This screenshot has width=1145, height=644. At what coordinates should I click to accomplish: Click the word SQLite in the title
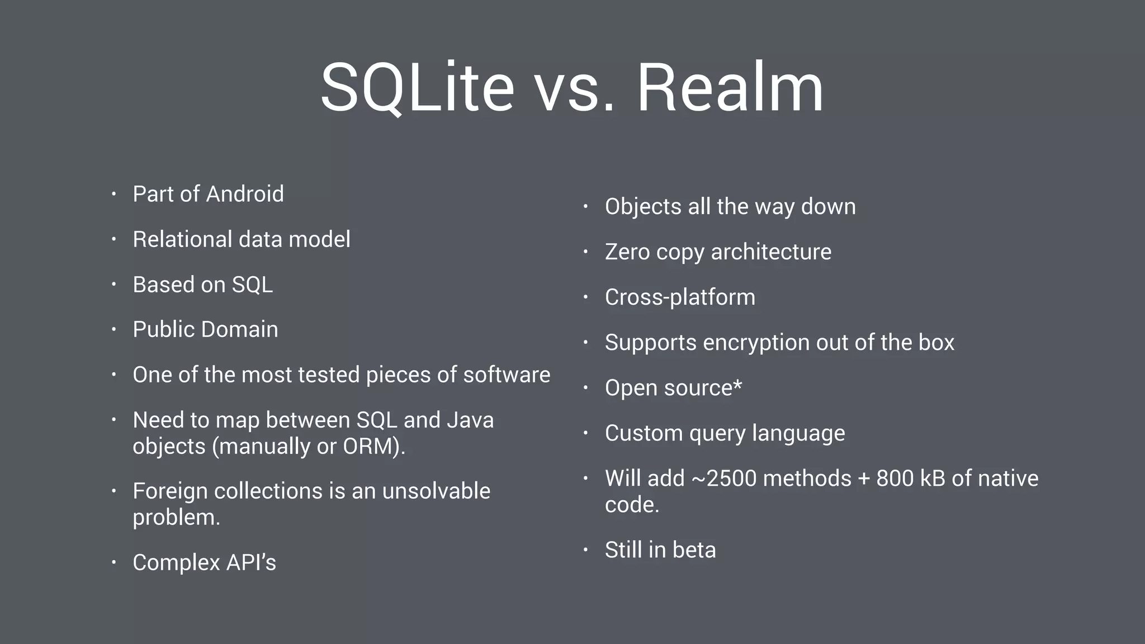pos(417,88)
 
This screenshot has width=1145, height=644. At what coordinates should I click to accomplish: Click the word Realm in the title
pos(730,88)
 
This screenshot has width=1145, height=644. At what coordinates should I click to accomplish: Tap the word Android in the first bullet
pos(245,194)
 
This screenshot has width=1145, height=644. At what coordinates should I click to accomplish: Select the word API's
pos(251,562)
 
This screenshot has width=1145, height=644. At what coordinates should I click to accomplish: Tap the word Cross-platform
pos(680,297)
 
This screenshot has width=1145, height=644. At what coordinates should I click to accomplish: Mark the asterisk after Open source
pos(737,385)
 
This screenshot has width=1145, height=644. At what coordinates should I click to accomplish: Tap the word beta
pos(694,550)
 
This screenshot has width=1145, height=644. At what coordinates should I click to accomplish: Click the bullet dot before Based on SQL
pos(113,285)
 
